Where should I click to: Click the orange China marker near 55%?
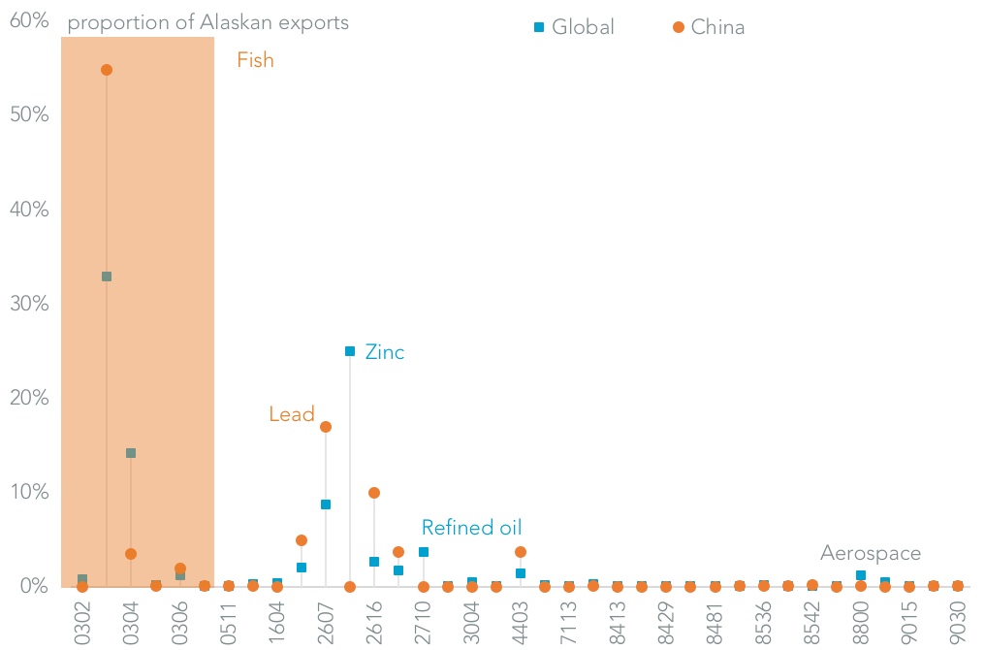click(107, 70)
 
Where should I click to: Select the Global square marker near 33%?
click(107, 276)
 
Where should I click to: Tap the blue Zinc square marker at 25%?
click(350, 351)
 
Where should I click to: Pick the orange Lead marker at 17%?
click(326, 427)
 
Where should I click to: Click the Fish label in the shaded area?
click(256, 60)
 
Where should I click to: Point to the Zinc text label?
click(385, 352)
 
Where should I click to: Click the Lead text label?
click(292, 414)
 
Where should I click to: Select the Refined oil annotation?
click(471, 528)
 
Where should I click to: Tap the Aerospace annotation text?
click(871, 553)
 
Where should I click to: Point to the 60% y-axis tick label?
click(29, 19)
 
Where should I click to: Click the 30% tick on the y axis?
click(29, 304)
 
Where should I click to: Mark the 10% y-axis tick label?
click(29, 492)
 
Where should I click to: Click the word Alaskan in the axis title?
click(238, 22)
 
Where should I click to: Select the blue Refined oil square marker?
click(423, 552)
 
